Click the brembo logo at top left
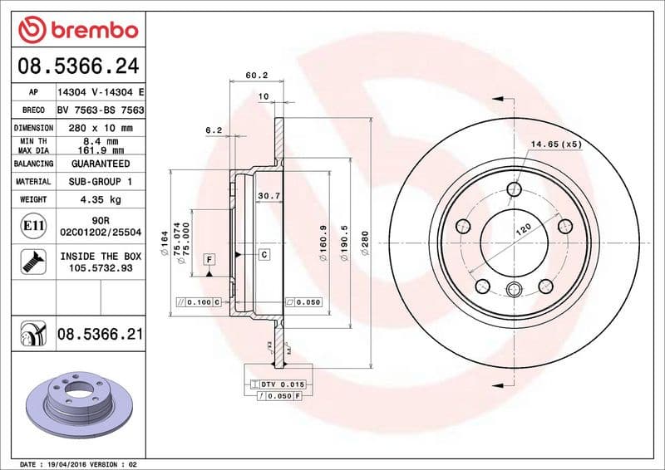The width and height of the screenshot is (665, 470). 77,31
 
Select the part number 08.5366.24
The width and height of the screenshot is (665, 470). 78,66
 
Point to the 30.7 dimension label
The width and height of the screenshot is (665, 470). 268,195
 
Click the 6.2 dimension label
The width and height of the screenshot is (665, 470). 214,130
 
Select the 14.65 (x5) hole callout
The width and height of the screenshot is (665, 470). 556,144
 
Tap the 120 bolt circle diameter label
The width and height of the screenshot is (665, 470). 524,230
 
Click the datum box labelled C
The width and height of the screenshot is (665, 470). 264,254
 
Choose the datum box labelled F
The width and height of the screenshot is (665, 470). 209,259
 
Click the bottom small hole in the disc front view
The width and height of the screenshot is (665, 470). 514,289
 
